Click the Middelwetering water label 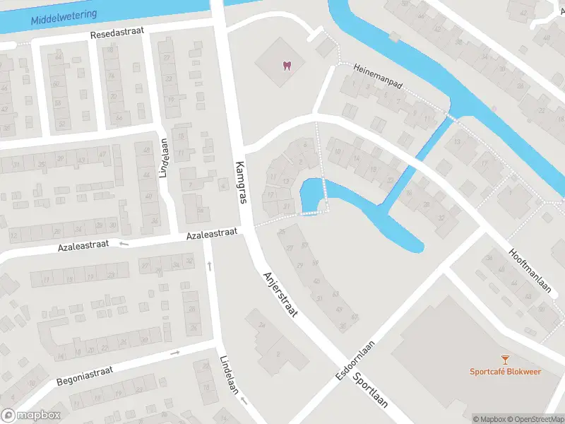[x=64, y=14]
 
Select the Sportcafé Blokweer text [x=506, y=372]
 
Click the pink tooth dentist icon [x=286, y=66]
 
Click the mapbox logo [x=31, y=416]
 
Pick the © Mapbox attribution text [x=490, y=419]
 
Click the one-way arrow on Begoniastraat [x=174, y=352]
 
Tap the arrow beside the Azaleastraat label [x=124, y=245]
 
